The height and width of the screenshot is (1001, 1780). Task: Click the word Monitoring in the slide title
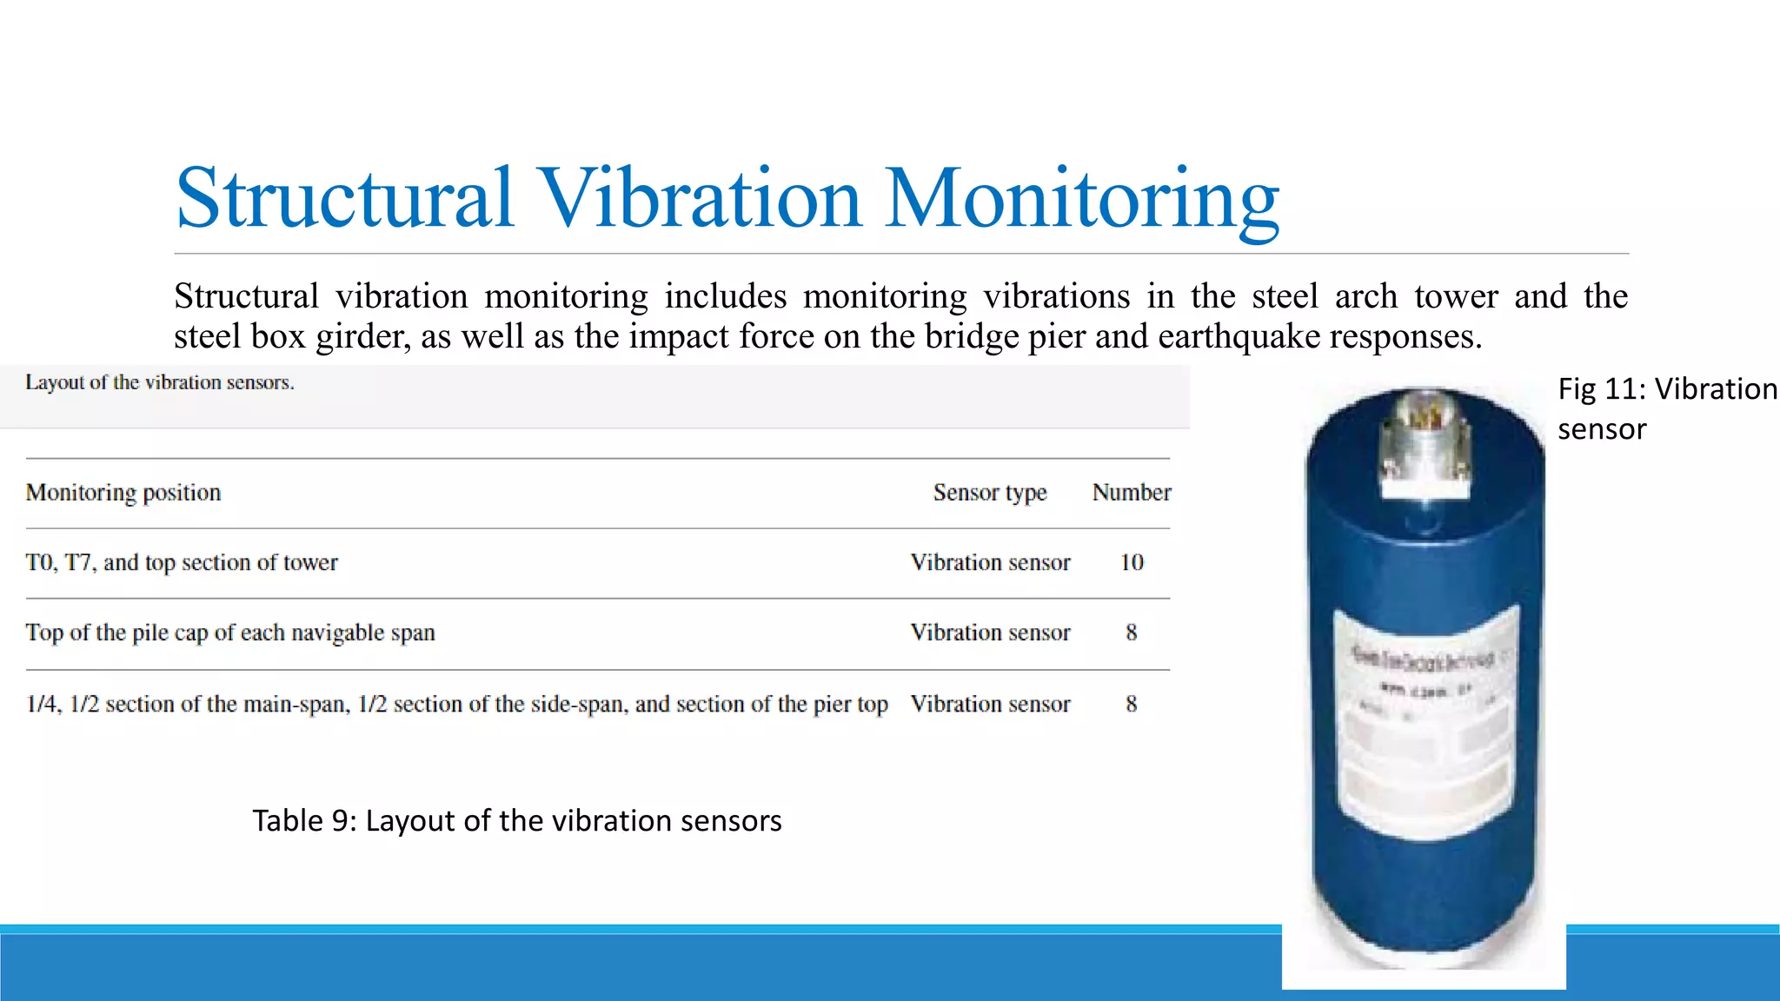tap(1081, 200)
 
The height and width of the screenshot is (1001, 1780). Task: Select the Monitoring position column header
tap(123, 493)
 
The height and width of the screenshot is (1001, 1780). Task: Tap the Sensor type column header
tap(990, 493)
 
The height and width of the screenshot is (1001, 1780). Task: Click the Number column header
tap(1131, 493)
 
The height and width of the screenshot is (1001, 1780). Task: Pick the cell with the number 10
tap(1131, 563)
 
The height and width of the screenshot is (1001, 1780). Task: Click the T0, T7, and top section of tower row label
tap(182, 563)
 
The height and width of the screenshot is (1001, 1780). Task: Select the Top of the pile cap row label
tap(230, 633)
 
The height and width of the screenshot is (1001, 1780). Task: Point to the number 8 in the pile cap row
tap(1131, 633)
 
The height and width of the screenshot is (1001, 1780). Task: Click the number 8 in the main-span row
tap(1131, 705)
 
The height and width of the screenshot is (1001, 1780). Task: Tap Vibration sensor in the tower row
tap(990, 563)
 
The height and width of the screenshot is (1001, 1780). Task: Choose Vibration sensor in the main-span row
tap(990, 705)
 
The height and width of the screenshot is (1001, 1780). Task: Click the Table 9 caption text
tap(517, 821)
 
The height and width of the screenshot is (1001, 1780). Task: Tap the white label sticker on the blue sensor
tap(1425, 721)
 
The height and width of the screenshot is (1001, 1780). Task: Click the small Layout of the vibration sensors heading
tap(160, 383)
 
